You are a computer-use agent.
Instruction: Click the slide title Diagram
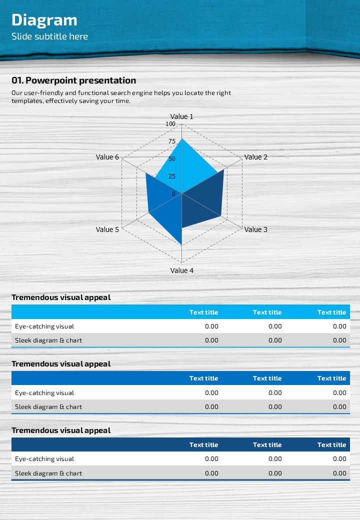[44, 20]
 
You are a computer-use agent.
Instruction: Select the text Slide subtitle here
[49, 36]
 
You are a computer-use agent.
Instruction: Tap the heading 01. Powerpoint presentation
[73, 80]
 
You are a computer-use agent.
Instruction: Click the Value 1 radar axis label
[181, 116]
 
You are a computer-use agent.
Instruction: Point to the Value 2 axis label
[255, 157]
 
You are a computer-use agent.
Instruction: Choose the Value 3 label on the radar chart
[255, 229]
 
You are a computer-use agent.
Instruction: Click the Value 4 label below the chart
[181, 270]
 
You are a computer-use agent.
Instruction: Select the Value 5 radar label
[107, 229]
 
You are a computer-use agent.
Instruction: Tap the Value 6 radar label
[107, 157]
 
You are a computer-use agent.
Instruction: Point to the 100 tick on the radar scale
[170, 124]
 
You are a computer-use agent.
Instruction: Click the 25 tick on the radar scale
[172, 176]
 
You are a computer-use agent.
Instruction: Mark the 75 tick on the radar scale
[172, 141]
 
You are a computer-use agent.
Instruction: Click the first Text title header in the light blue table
[203, 312]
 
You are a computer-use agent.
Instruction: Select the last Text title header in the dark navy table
[331, 444]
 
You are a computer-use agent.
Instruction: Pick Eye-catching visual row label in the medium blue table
[44, 393]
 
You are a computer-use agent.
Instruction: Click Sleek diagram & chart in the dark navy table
[48, 473]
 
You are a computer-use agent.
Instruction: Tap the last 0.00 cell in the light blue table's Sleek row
[339, 340]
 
